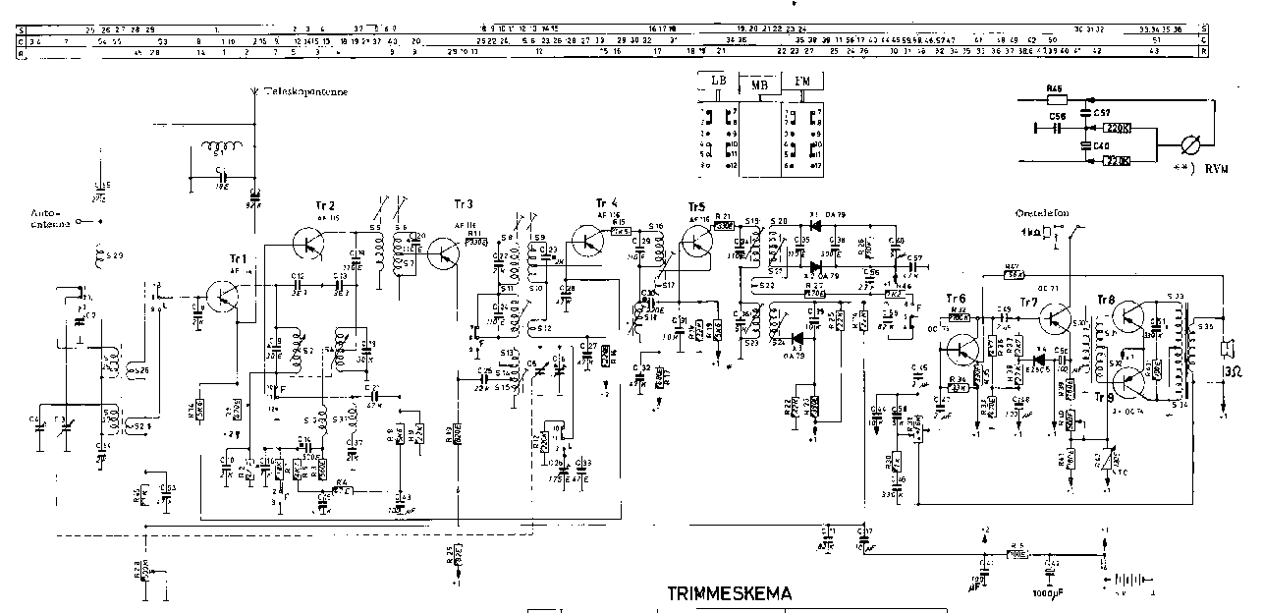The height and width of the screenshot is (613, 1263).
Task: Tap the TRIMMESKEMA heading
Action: [x=729, y=594]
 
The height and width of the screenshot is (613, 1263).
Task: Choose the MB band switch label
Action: [x=759, y=85]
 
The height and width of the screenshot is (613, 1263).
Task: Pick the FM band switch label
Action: [x=801, y=82]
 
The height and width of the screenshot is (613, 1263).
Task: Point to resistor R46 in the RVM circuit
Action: [x=1056, y=99]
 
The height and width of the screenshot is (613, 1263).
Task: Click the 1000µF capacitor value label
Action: [x=1049, y=593]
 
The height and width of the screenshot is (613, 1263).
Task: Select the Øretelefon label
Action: [x=1042, y=212]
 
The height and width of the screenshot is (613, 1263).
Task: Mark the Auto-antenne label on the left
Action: [x=50, y=217]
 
